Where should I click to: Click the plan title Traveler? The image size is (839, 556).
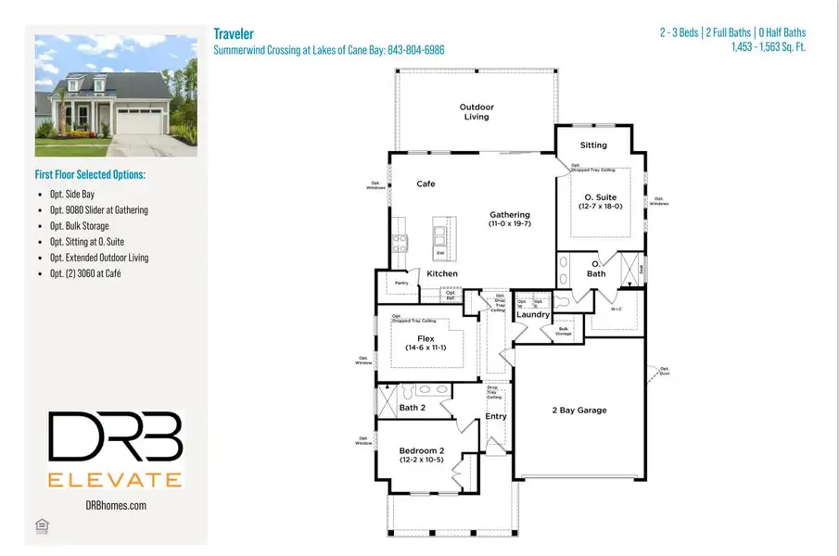[x=235, y=33]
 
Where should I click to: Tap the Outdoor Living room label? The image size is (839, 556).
[x=477, y=112]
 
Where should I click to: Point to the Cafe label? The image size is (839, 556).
[x=426, y=183]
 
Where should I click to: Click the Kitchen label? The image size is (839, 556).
[x=442, y=273]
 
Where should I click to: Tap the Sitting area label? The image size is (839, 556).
[x=593, y=145]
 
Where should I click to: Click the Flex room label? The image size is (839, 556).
[x=426, y=339]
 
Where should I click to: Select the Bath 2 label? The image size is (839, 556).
[x=412, y=407]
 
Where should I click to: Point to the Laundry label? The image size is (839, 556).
[x=533, y=315]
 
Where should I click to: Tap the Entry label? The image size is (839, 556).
[x=497, y=416]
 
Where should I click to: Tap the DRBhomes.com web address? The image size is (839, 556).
[x=115, y=505]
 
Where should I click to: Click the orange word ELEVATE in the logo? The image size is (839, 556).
[x=115, y=478]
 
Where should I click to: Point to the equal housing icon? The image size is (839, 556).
[x=42, y=527]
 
